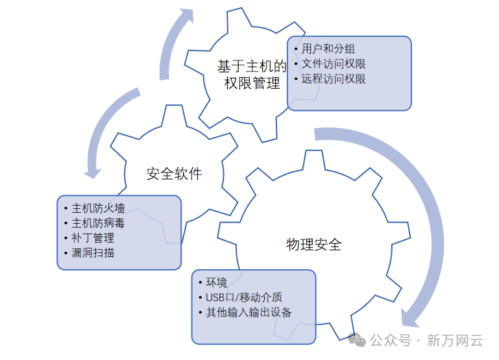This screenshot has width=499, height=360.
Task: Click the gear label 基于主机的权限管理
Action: [252, 75]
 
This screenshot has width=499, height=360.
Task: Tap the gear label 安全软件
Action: [174, 174]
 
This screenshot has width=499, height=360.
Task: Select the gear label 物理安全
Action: [313, 245]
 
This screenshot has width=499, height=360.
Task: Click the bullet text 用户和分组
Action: [328, 49]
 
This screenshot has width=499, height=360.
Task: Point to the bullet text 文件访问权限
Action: [334, 64]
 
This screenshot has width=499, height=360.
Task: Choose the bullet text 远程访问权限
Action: [334, 79]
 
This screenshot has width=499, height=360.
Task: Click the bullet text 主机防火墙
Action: [98, 208]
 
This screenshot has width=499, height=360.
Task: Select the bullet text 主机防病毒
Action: [98, 223]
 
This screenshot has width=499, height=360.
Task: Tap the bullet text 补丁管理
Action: [93, 238]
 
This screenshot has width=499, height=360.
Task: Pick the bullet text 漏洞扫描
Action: [93, 253]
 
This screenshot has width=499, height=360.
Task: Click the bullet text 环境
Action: [217, 282]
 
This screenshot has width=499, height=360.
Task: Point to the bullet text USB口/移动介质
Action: [244, 297]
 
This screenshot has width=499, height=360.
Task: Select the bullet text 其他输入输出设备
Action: [249, 312]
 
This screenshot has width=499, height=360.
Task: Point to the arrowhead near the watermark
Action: [410, 317]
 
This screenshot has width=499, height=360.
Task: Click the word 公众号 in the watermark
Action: [391, 340]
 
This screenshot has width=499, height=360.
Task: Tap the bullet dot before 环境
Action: [201, 282]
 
